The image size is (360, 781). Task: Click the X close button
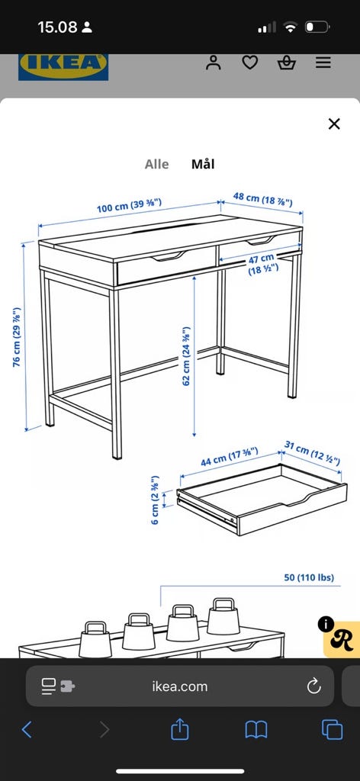point(334,124)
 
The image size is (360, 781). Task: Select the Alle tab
point(157,165)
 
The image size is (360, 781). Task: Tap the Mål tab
point(203,164)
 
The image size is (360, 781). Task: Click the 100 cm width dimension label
point(129,205)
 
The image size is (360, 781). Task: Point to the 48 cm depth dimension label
point(262,199)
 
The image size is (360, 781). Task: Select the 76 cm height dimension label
point(18,336)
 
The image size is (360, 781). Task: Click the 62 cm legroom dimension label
point(187,355)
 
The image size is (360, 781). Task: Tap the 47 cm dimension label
point(262,263)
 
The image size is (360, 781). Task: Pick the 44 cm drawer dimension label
point(230,457)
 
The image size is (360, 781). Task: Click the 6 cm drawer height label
point(156,500)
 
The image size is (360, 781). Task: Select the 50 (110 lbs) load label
point(309,578)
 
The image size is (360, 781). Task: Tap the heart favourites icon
point(250,63)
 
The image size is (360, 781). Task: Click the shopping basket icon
point(287,63)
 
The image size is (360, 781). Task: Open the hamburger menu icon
point(323,63)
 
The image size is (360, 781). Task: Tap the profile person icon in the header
point(213,63)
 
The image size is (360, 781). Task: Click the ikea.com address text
point(180,686)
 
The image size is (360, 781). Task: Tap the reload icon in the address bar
point(313,686)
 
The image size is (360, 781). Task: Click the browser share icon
point(180,729)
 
